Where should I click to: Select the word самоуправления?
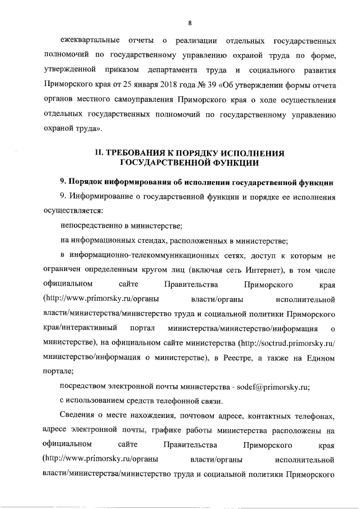click(146, 100)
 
